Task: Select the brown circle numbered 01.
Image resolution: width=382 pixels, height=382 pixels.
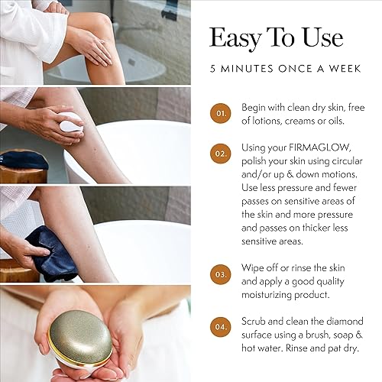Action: (x=220, y=114)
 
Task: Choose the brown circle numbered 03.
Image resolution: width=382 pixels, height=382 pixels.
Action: (x=220, y=272)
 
